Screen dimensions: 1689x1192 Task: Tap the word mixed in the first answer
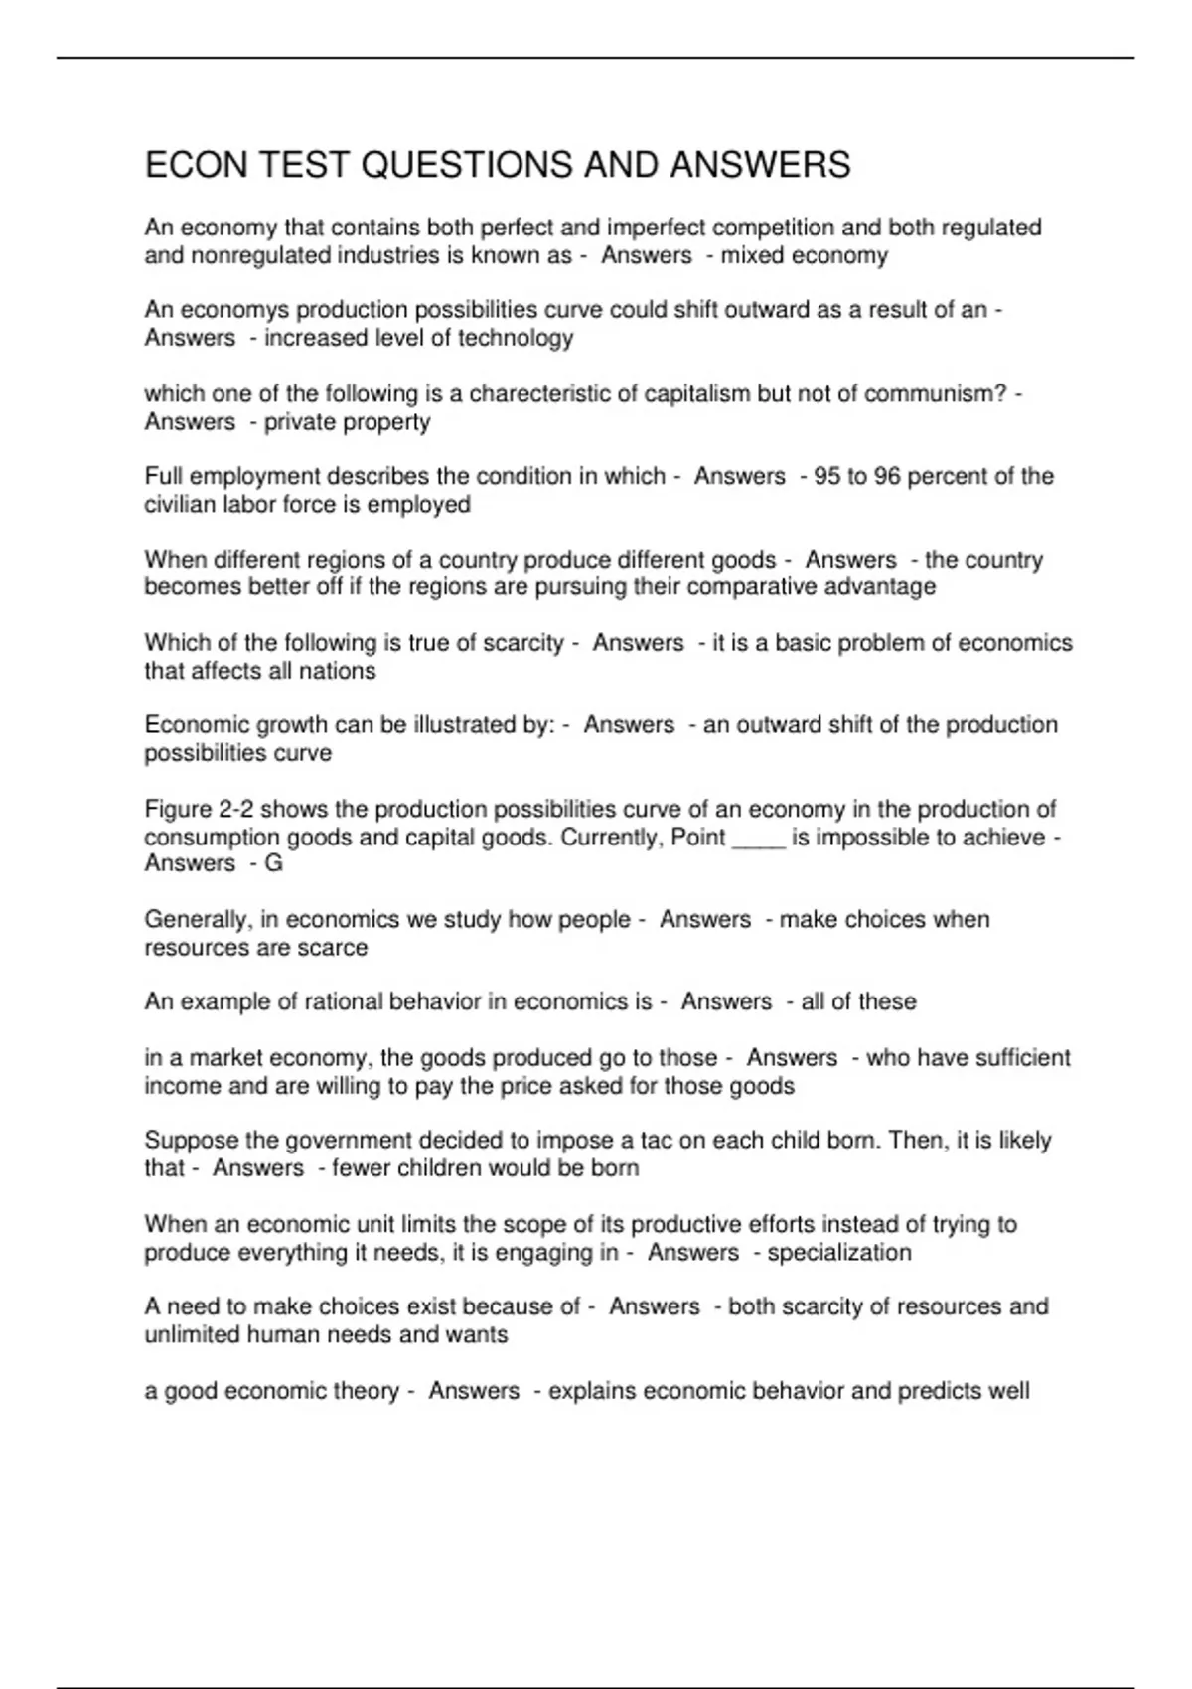[750, 256]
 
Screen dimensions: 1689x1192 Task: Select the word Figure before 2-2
[177, 809]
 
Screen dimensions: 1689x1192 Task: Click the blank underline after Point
[758, 838]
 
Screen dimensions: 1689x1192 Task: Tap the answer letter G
[273, 864]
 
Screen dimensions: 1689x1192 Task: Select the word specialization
[839, 1252]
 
